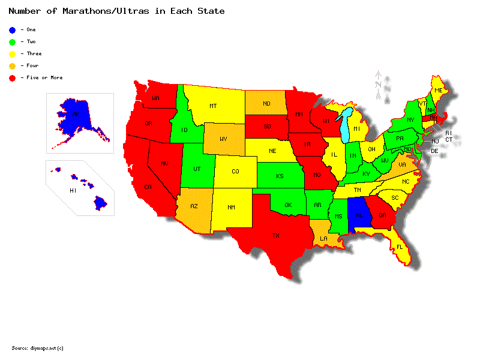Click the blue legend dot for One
point(12,29)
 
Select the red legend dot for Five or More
point(12,77)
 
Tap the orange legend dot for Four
point(12,65)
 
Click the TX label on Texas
point(276,236)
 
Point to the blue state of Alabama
point(359,215)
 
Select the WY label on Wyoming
point(223,139)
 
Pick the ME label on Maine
point(439,90)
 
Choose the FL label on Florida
point(400,246)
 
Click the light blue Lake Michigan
point(345,126)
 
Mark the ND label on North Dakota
point(266,104)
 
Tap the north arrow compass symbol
point(379,84)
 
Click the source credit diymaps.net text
point(37,348)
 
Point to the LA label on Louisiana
point(324,238)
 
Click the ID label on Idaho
point(184,131)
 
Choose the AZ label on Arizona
point(194,206)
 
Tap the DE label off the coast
point(435,151)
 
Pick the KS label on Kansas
point(280,176)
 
